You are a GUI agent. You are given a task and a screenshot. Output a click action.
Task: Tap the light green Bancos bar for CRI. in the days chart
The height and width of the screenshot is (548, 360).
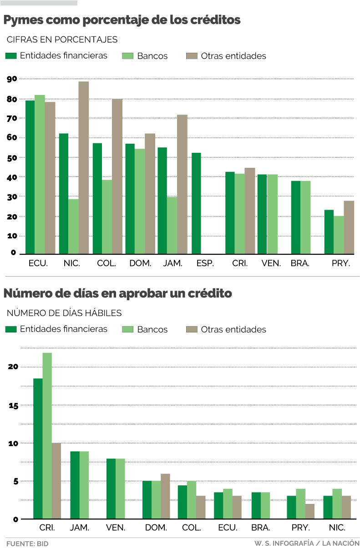pos(47,436)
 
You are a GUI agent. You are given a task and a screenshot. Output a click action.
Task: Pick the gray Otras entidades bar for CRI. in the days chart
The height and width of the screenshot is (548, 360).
pos(56,481)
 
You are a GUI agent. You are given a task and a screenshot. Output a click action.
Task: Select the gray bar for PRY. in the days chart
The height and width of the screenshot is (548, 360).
pos(309,511)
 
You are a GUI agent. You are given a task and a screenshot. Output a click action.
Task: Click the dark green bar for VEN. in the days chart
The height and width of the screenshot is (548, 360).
pos(111,488)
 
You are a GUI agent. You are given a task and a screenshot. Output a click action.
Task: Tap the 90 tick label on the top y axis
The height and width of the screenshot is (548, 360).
pos(12,79)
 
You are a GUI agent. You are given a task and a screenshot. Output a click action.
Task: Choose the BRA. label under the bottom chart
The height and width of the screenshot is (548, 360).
pos(261,528)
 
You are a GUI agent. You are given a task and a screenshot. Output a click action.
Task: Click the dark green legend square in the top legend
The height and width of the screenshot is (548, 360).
pos(11,56)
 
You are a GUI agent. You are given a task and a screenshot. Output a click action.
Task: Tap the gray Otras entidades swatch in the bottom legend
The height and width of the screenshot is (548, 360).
pos(192,329)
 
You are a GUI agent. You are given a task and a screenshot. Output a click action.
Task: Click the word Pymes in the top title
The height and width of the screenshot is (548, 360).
pos(23,20)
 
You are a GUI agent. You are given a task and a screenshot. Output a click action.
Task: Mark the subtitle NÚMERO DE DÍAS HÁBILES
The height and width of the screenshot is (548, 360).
pos(64,313)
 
